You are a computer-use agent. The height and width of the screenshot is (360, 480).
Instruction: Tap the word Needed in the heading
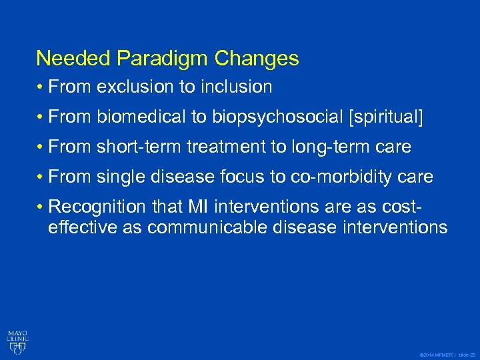point(73,59)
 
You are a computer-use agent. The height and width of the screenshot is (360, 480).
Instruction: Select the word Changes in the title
point(257,59)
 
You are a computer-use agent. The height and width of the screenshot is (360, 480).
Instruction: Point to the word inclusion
point(237,87)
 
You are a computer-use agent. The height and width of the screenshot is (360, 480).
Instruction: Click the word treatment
point(227,147)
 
